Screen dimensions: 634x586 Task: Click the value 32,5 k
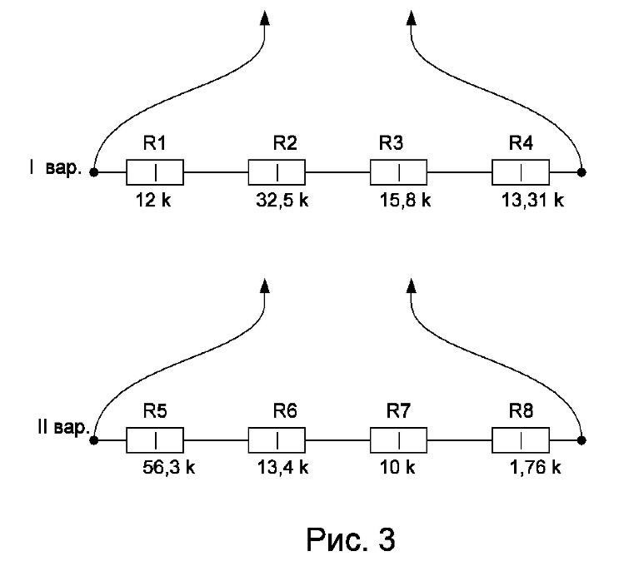coord(282,201)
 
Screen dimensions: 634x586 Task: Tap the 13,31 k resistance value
coord(533,201)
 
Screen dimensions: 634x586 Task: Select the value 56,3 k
coord(168,468)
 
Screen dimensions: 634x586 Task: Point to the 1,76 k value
coord(536,468)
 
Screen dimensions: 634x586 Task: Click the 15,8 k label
coord(405,201)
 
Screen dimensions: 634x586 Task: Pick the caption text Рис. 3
coord(351,540)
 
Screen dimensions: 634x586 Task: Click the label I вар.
coord(55,168)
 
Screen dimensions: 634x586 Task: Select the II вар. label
coord(63,427)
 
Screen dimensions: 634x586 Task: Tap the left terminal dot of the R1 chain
coord(94,172)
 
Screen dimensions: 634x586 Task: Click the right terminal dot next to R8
coord(582,440)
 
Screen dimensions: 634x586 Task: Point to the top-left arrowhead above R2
coord(265,17)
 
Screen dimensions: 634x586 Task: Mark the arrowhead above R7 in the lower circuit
coord(412,286)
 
